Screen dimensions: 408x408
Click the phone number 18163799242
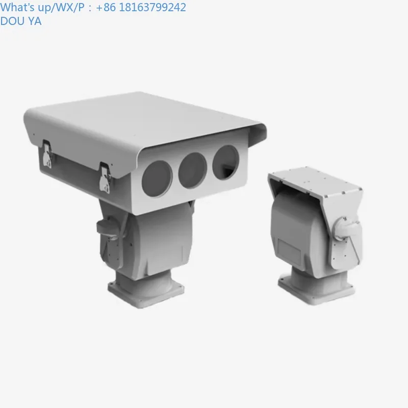point(151,7)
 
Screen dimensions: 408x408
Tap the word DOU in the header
point(11,21)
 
